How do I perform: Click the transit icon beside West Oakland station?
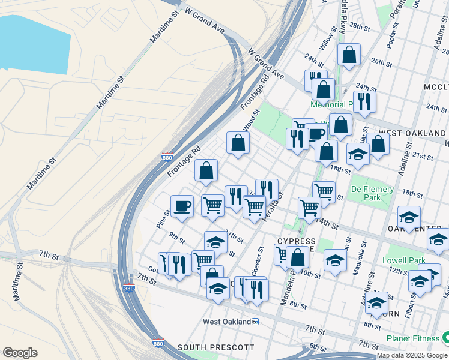pos(255,322)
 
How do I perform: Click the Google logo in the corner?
pos(20,353)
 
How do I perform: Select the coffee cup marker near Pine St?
pos(182,206)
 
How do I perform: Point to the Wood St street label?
pos(251,120)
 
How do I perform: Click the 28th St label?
pos(360,26)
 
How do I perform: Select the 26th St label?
pos(381,61)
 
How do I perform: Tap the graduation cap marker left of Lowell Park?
pos(335,260)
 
